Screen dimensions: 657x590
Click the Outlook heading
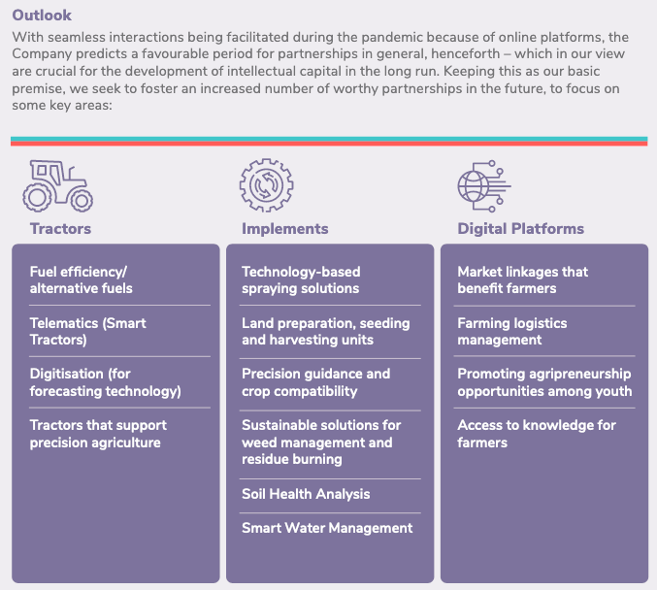coord(42,16)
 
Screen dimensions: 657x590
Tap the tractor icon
coord(58,186)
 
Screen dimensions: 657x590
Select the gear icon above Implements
coord(267,185)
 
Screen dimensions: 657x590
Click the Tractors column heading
coord(60,229)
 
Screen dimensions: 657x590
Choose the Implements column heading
coord(285,229)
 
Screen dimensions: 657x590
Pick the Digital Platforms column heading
coord(520,229)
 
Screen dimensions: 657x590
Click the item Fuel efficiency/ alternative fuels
coord(81,279)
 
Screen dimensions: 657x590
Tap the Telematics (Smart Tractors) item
coord(88,331)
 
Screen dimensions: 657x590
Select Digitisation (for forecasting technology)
coord(105,382)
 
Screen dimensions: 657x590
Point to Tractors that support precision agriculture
coord(98,434)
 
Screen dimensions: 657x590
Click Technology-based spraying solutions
coord(301,279)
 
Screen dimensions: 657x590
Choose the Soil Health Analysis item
coord(306,494)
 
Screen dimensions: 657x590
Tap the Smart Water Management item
coord(327,528)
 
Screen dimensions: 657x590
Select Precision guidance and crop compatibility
coord(316,382)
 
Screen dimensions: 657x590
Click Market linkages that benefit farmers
coord(522,279)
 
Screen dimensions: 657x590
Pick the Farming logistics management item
coord(512,331)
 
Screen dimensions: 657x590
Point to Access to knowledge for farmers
coord(537,434)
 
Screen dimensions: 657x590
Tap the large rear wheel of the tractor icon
coord(37,198)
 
